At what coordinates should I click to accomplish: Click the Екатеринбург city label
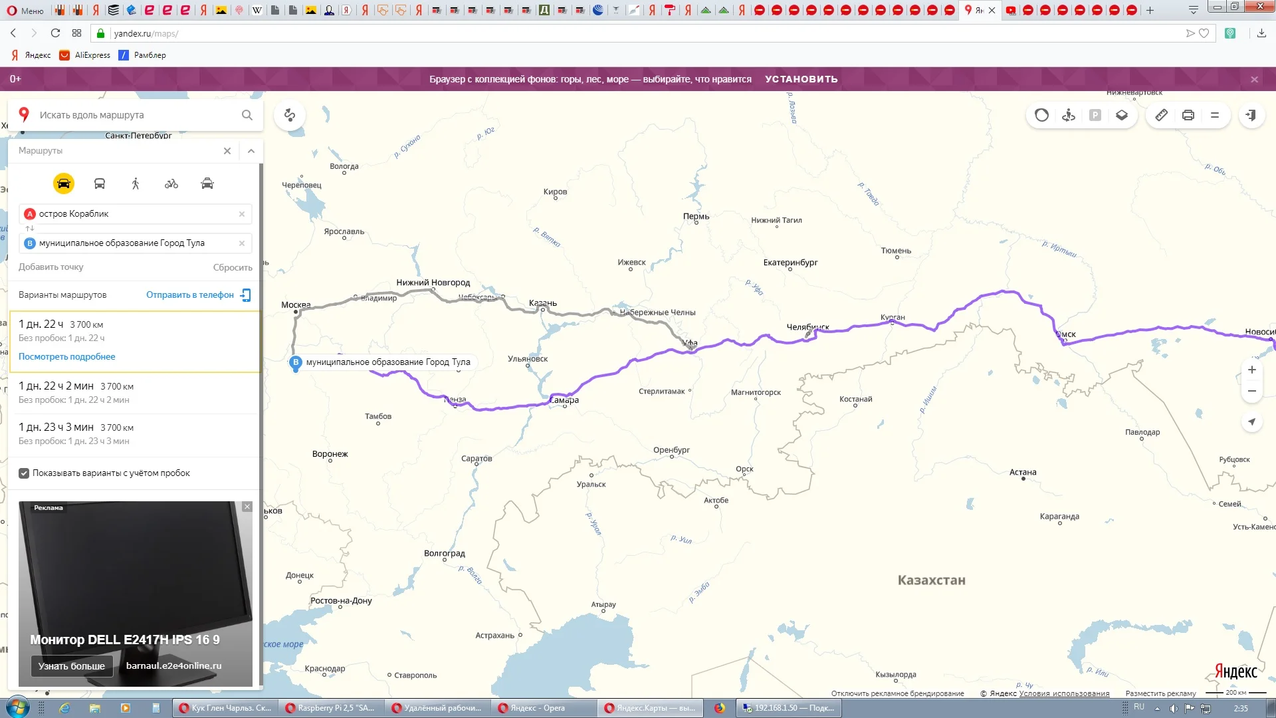click(x=790, y=263)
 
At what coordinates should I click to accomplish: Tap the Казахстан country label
click(x=931, y=580)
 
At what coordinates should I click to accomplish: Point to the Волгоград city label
click(x=444, y=553)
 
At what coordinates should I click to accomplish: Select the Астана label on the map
click(x=1022, y=472)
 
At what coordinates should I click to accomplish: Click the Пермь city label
click(x=696, y=216)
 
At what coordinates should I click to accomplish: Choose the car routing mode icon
click(x=64, y=183)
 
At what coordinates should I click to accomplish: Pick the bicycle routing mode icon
click(x=171, y=183)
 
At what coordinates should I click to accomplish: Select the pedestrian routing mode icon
click(x=136, y=183)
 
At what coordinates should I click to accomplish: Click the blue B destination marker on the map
click(x=296, y=362)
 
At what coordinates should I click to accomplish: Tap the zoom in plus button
click(x=1251, y=370)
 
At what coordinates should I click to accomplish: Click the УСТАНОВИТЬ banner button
click(x=801, y=79)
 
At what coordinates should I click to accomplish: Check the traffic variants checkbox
click(x=24, y=473)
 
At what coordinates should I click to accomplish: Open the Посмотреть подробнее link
click(x=66, y=357)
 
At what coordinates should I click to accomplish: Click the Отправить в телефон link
click(x=190, y=295)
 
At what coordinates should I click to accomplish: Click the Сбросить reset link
click(x=233, y=267)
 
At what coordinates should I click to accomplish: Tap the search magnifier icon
click(x=247, y=115)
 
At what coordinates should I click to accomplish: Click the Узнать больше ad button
click(x=72, y=665)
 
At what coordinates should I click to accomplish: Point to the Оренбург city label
click(x=671, y=450)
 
